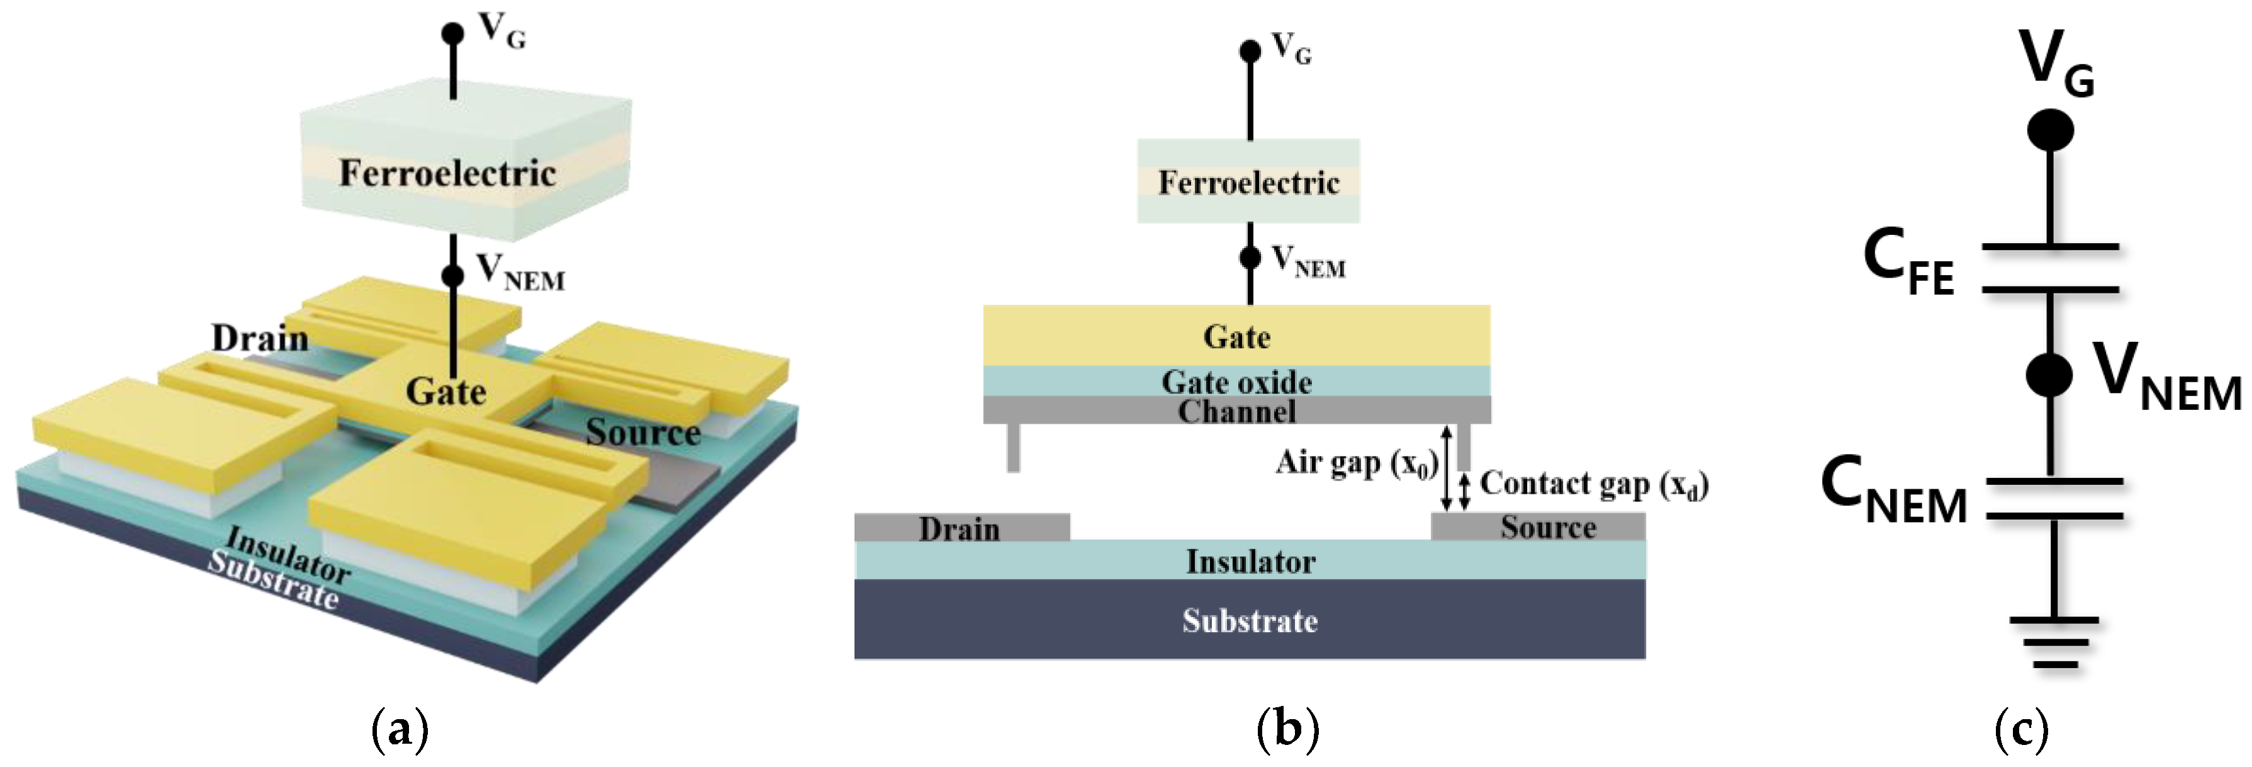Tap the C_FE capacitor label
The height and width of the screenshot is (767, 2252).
click(1908, 263)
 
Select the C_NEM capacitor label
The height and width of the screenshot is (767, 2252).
click(1893, 492)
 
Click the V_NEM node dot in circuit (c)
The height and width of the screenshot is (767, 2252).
click(2049, 374)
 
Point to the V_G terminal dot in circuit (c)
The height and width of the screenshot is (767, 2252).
click(2050, 131)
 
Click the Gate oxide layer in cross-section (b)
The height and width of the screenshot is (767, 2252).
click(1236, 382)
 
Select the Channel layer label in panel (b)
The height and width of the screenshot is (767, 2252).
click(1236, 411)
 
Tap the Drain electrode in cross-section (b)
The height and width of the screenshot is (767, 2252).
click(961, 527)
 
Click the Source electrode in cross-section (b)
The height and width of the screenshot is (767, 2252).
click(1547, 526)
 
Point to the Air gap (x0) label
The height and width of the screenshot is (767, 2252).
click(1356, 463)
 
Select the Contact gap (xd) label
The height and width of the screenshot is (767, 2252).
click(1593, 484)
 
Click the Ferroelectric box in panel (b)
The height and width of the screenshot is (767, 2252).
click(1248, 182)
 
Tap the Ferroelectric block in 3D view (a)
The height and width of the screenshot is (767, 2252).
click(447, 173)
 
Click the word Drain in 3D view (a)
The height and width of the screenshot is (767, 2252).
click(260, 338)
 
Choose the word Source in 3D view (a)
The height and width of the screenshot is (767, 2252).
click(642, 432)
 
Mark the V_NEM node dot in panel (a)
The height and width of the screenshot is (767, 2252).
click(452, 275)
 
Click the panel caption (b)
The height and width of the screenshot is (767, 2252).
click(1287, 729)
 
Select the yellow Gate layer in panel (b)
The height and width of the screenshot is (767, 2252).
click(1236, 336)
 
